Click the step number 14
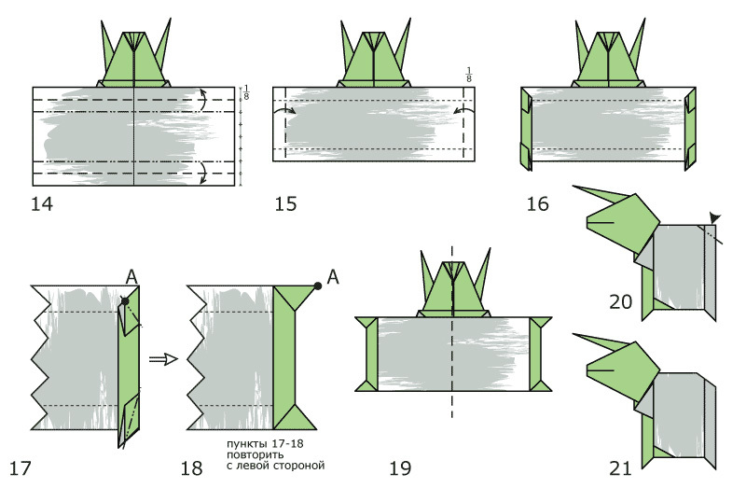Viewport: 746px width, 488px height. click(x=42, y=203)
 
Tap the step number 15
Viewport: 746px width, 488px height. click(x=285, y=203)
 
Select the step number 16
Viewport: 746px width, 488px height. click(x=538, y=203)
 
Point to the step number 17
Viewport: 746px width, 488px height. click(x=20, y=468)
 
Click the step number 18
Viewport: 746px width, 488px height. click(x=191, y=468)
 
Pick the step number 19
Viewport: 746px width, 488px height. click(x=400, y=468)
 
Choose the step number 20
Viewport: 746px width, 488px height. click(x=621, y=301)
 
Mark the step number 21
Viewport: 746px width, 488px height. click(x=620, y=468)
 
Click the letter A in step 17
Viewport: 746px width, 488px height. click(x=131, y=276)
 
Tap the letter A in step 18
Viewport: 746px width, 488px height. click(x=333, y=276)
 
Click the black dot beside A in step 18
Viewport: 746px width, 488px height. click(x=318, y=286)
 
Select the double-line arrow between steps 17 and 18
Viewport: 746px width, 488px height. click(x=163, y=359)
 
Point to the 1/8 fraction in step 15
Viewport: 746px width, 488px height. click(x=469, y=75)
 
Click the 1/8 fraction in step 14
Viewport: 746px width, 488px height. click(x=246, y=92)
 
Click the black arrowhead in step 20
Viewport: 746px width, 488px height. click(x=714, y=217)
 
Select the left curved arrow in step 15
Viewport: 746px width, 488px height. click(x=284, y=110)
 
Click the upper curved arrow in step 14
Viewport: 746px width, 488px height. click(x=202, y=100)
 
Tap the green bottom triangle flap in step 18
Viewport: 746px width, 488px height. click(x=295, y=419)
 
